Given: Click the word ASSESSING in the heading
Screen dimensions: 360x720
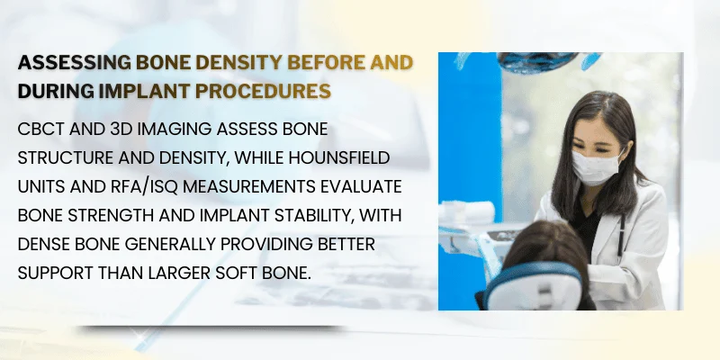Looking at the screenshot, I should tap(73, 63).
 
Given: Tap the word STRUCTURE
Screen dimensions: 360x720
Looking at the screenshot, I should tap(68, 157).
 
